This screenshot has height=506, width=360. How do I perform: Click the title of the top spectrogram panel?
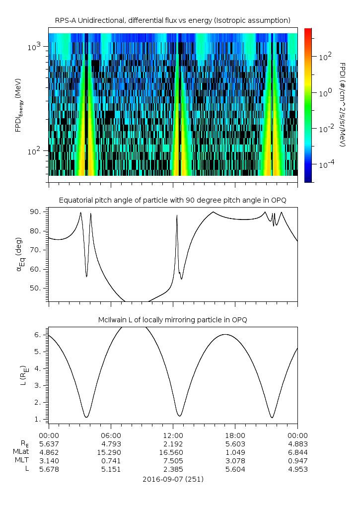[x=172, y=20]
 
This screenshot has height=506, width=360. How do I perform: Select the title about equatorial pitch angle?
[x=172, y=200]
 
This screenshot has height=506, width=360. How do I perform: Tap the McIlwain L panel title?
[x=172, y=319]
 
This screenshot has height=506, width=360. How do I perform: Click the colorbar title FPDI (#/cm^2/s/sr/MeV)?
[x=343, y=104]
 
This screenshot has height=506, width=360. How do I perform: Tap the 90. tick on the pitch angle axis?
[x=38, y=212]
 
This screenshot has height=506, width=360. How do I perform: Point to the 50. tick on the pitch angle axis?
[x=38, y=288]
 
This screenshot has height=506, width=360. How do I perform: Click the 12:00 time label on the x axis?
[x=173, y=435]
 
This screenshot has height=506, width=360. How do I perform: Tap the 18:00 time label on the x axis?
[x=235, y=435]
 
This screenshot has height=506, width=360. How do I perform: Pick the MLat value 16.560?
[x=173, y=452]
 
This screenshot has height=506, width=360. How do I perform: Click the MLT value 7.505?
[x=173, y=461]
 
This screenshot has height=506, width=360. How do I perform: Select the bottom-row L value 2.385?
[x=173, y=469]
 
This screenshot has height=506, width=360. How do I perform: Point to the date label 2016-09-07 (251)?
[x=173, y=479]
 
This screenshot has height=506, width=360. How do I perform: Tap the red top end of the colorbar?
[x=308, y=31]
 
